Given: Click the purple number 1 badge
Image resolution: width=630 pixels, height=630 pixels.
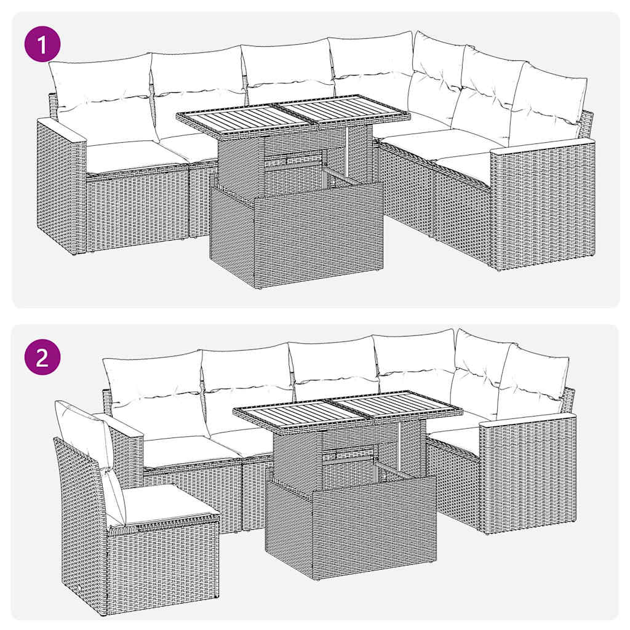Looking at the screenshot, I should tap(42, 47).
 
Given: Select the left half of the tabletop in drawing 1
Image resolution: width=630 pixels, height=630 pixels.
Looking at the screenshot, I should tap(246, 118).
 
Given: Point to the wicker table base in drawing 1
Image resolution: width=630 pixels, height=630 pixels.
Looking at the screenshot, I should tap(295, 234).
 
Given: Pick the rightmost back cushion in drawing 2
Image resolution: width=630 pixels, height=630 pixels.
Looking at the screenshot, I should tap(532, 381).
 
